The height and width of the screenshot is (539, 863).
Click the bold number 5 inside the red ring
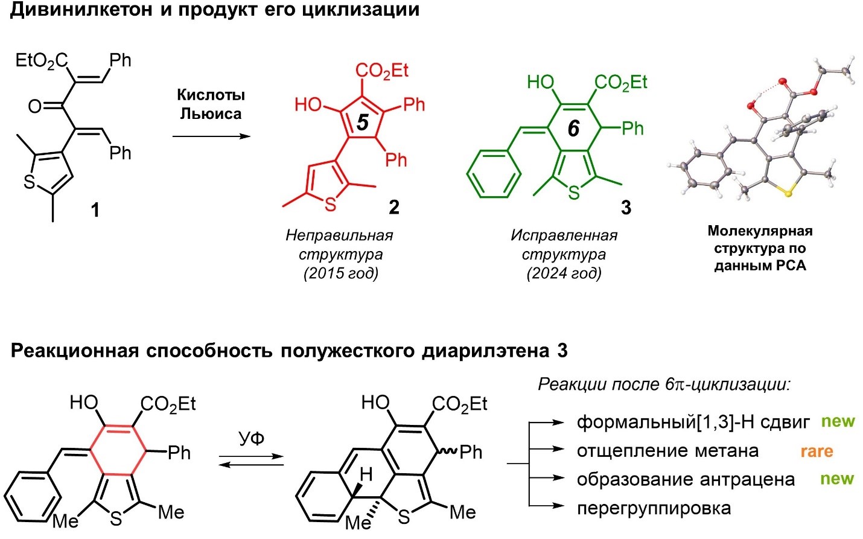coord(362,123)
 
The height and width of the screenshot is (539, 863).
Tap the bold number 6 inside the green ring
coord(573,128)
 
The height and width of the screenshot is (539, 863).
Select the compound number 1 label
coord(95,209)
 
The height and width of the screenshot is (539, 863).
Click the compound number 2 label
coord(393,207)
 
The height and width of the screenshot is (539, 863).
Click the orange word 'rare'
coord(816,451)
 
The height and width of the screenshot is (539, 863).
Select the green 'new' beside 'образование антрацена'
coord(836,479)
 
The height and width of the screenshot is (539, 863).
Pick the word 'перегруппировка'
coord(654,508)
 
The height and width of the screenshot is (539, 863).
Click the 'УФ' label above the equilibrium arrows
coord(251,438)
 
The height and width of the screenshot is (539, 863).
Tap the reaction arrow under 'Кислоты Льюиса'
coord(211,136)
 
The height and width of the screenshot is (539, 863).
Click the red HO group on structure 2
coord(308,104)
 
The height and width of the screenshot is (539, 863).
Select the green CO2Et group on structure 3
coord(620,82)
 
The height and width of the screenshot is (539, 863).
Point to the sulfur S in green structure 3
coord(573,193)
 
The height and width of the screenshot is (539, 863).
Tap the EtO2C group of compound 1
coord(41,61)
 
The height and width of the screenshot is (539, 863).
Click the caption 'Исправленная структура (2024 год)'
coord(564,254)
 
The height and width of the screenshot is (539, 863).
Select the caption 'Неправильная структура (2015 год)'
coord(340,254)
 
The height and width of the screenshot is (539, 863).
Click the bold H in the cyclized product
coord(366,474)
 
